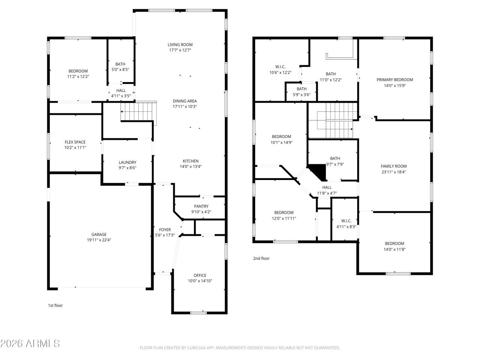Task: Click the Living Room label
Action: pyautogui.click(x=180, y=45)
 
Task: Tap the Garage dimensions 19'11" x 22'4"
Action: pyautogui.click(x=99, y=240)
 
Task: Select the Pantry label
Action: pyautogui.click(x=201, y=206)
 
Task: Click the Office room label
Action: pyautogui.click(x=200, y=275)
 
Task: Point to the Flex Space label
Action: pyautogui.click(x=75, y=142)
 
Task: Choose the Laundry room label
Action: pyautogui.click(x=127, y=162)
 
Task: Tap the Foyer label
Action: pyautogui.click(x=165, y=230)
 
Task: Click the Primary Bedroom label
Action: pyautogui.click(x=394, y=79)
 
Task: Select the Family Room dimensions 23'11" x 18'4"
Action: pyautogui.click(x=393, y=172)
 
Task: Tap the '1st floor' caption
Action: pyautogui.click(x=55, y=305)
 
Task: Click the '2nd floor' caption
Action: pyautogui.click(x=261, y=258)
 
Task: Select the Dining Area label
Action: pyautogui.click(x=184, y=101)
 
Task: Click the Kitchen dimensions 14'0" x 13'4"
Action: pyautogui.click(x=190, y=166)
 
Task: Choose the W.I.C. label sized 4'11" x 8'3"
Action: pyautogui.click(x=346, y=221)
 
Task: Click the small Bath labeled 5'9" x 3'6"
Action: pyautogui.click(x=301, y=89)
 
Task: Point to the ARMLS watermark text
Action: pyautogui.click(x=30, y=343)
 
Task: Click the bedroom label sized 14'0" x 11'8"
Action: pyautogui.click(x=394, y=243)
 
